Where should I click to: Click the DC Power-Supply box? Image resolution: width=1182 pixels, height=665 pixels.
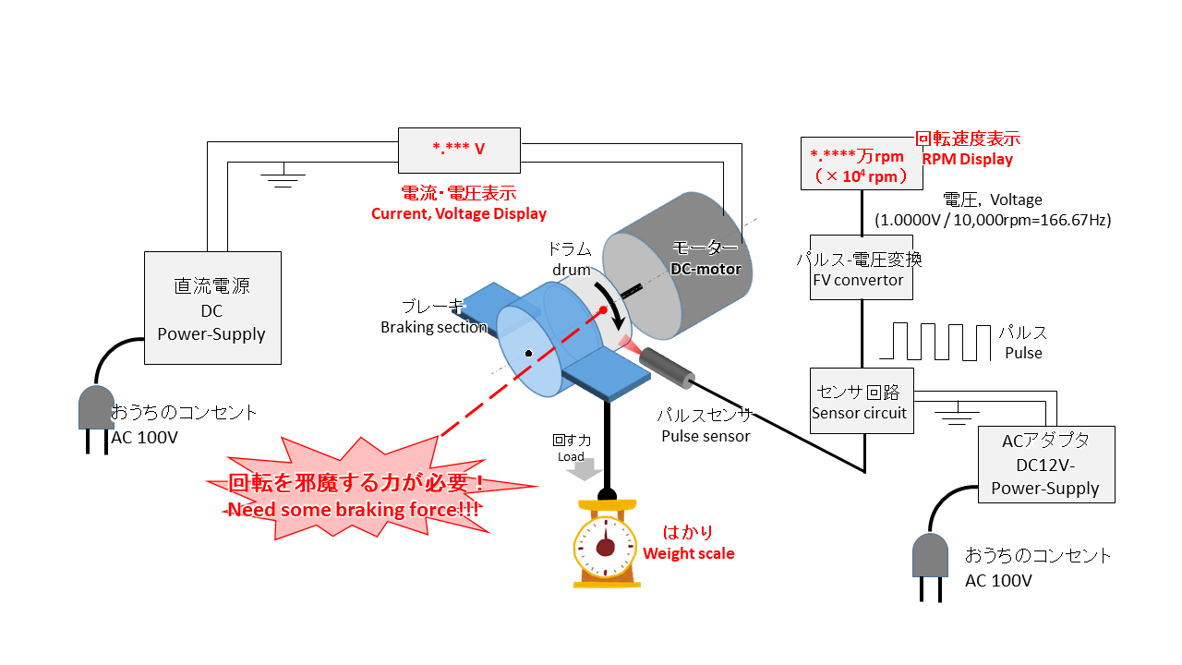pyautogui.click(x=212, y=307)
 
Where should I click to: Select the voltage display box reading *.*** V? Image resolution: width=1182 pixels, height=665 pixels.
pyautogui.click(x=459, y=148)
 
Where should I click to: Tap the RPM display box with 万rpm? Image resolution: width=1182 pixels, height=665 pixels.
pyautogui.click(x=857, y=164)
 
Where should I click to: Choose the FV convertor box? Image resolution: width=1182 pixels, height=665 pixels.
pyautogui.click(x=862, y=270)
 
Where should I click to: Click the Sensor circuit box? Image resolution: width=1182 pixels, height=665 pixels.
pyautogui.click(x=861, y=401)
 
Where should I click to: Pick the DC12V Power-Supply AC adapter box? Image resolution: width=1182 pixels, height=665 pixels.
pyautogui.click(x=1045, y=465)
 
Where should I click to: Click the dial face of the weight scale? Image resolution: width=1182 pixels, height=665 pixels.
pyautogui.click(x=605, y=547)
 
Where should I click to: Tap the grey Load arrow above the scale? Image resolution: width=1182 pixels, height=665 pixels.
pyautogui.click(x=583, y=470)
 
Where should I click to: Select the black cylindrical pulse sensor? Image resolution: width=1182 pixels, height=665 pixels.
pyautogui.click(x=668, y=367)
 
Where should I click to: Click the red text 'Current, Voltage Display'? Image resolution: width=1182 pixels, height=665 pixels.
pyautogui.click(x=459, y=214)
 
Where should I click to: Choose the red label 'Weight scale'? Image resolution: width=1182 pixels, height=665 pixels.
pyautogui.click(x=689, y=554)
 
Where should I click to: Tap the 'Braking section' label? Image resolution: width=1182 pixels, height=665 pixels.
pyautogui.click(x=434, y=327)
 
